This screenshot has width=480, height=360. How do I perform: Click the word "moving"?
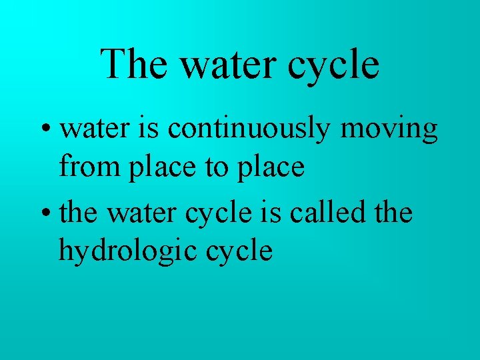pyautogui.click(x=389, y=129)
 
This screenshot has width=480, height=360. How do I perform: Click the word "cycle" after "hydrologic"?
pyautogui.click(x=239, y=252)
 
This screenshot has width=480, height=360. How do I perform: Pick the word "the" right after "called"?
pyautogui.click(x=394, y=213)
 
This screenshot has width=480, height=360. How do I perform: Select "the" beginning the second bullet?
pyautogui.click(x=79, y=213)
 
